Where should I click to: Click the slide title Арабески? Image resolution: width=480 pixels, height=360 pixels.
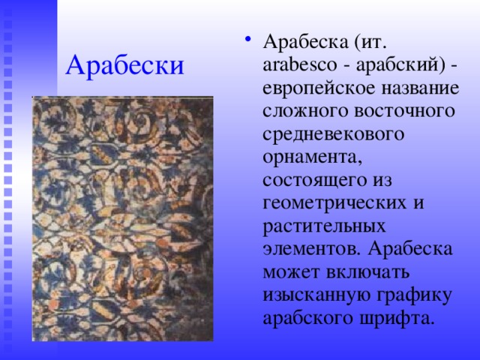pos(124,66)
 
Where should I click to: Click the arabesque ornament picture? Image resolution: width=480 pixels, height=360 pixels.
pos(122,218)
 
